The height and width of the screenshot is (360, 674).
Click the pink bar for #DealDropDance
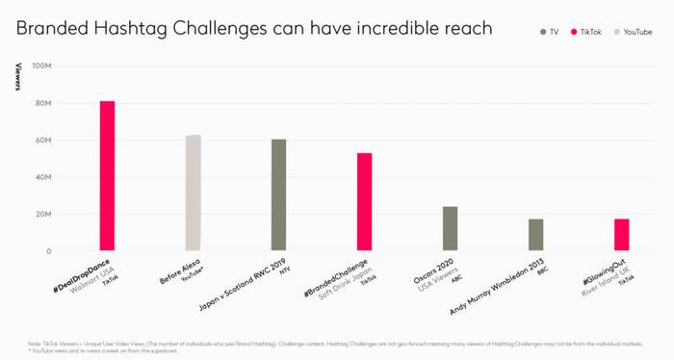coord(107,176)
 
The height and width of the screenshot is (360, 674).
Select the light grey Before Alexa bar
coord(193,193)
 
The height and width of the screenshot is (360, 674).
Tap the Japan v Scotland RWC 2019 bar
coord(278,195)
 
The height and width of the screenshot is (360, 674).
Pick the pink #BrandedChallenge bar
coord(364,202)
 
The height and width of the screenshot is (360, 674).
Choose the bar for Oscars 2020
coord(450,229)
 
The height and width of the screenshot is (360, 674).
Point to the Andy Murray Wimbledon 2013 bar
coord(535,236)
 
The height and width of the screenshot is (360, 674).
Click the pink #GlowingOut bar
coord(621,236)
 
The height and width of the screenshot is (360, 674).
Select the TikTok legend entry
coord(590,32)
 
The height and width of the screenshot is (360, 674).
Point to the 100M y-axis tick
coord(41,66)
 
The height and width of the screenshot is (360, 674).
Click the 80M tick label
coord(43,103)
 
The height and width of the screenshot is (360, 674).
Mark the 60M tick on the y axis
coord(43,141)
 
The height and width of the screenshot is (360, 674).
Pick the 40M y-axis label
coord(43,177)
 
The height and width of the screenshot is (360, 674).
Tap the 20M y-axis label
coord(43,215)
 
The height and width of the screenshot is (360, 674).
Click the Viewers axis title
coord(17,78)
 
